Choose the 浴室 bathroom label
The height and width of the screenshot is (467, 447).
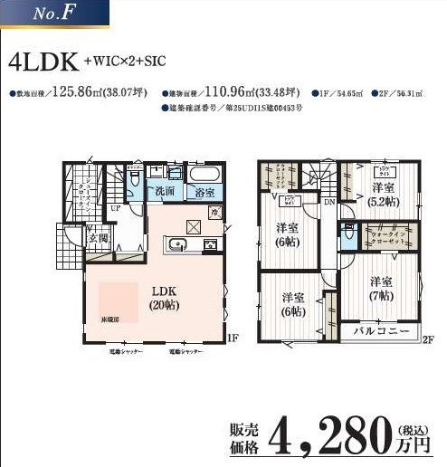pos(205,192)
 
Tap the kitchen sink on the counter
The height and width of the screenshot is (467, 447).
pos(176,245)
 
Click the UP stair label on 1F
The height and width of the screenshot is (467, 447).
pos(115,208)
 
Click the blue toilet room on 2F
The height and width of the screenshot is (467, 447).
pos(348,235)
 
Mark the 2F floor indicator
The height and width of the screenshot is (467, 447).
pos(428,338)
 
